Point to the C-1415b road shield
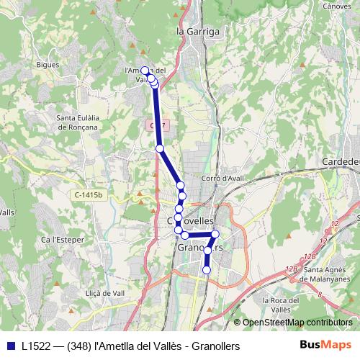pyautogui.click(x=89, y=195)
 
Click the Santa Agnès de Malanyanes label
pyautogui.click(x=328, y=274)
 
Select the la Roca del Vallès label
pyautogui.click(x=287, y=304)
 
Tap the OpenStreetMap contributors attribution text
pyautogui.click(x=297, y=322)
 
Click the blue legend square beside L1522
pyautogui.click(x=10, y=346)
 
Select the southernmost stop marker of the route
pyautogui.click(x=207, y=270)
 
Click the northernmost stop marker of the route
pyautogui.click(x=145, y=70)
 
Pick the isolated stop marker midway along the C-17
pyautogui.click(x=160, y=148)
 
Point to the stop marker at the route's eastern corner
pyautogui.click(x=215, y=234)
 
